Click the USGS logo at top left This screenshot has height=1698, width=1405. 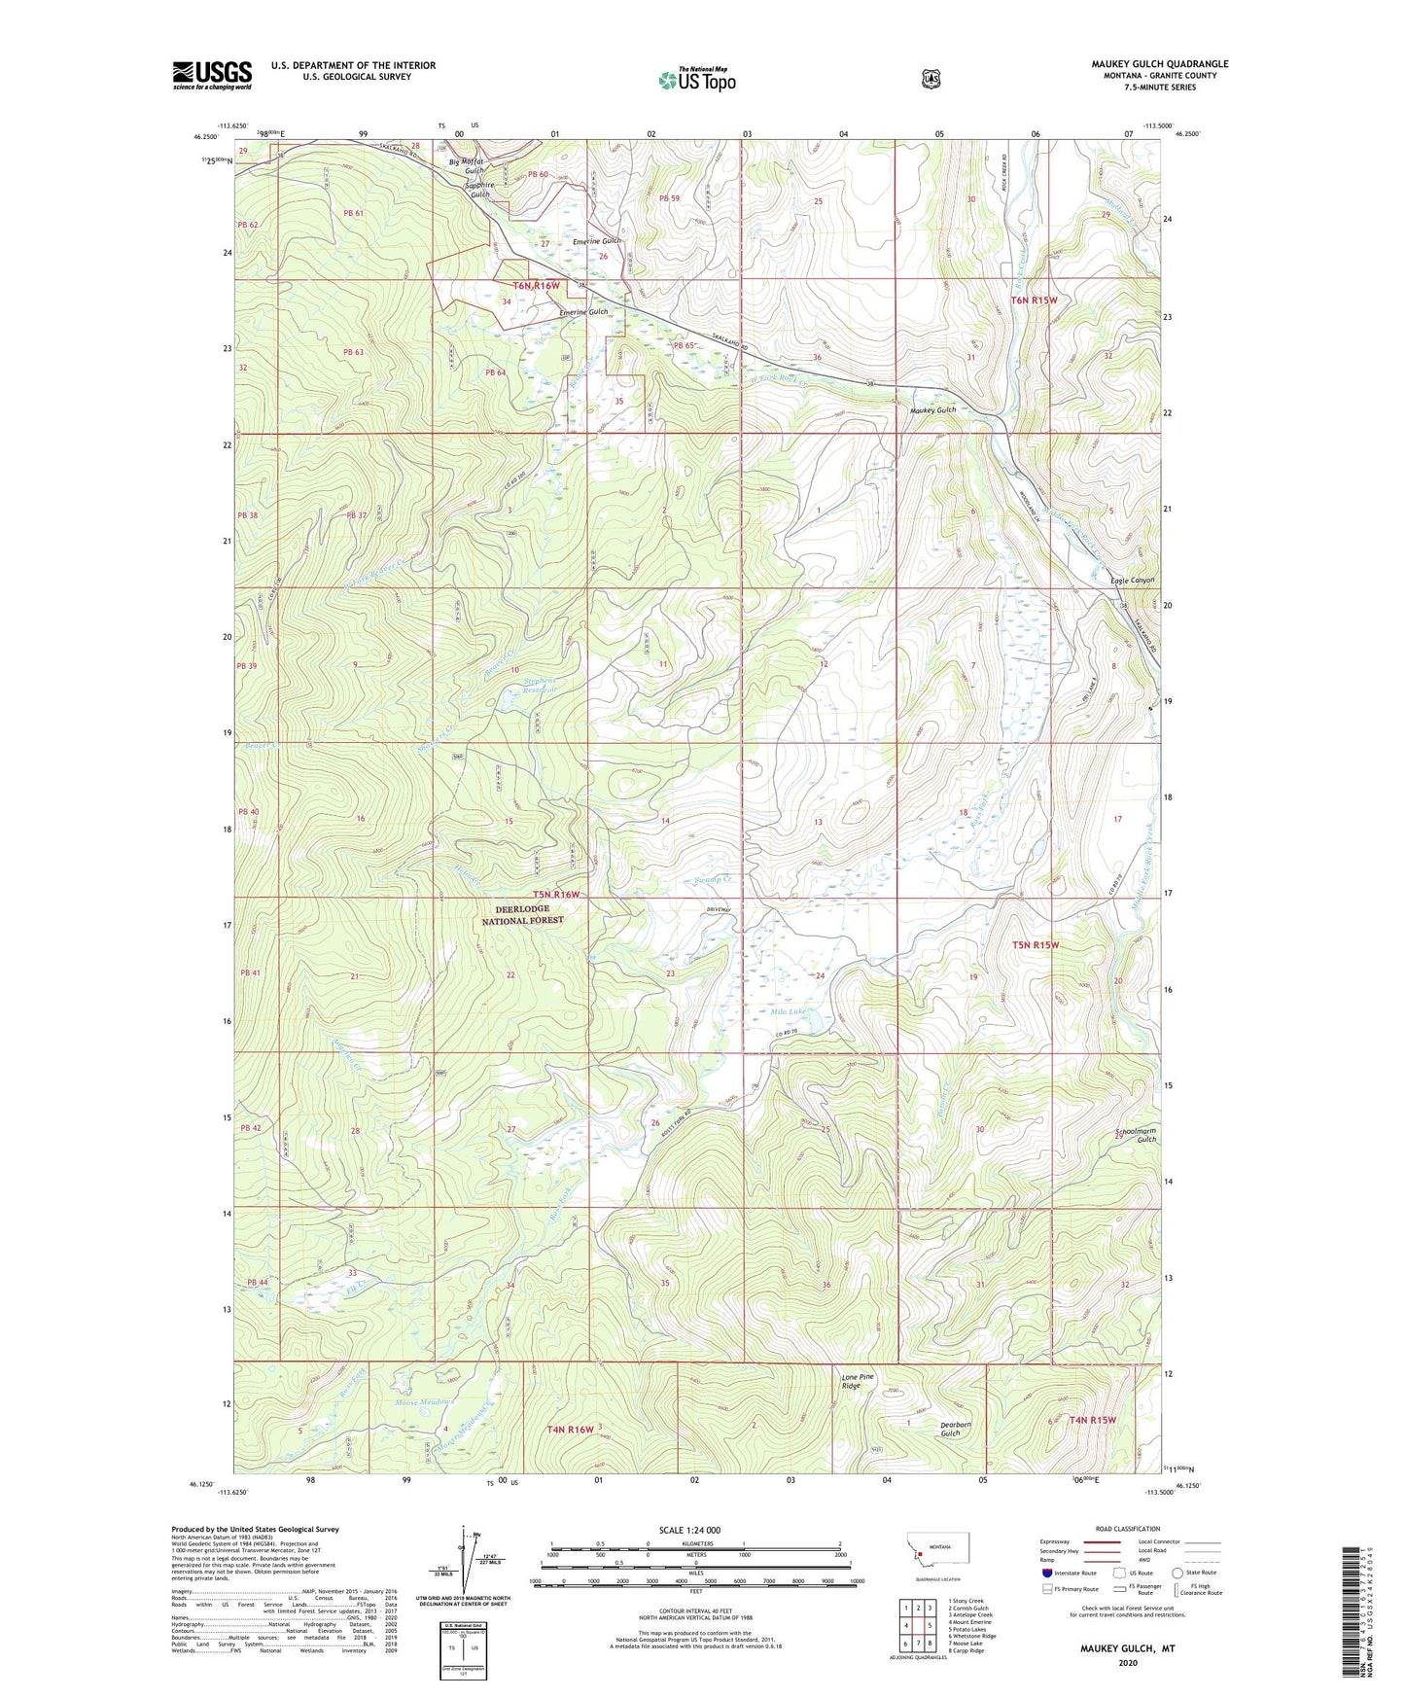212,75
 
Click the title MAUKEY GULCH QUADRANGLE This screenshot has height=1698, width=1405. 1159,64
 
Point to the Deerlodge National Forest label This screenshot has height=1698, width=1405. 522,914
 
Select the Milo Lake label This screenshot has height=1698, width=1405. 789,1011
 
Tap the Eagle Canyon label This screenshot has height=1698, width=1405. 1132,581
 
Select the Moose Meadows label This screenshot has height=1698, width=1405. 424,1402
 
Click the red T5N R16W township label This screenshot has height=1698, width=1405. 555,894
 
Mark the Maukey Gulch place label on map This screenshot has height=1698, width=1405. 932,410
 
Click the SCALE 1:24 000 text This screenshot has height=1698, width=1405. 689,1530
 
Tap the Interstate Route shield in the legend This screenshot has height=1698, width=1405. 1046,1572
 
